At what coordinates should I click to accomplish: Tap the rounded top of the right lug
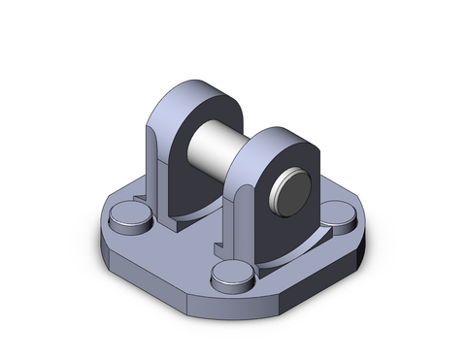[x=282, y=136]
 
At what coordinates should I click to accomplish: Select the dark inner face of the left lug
[x=180, y=175]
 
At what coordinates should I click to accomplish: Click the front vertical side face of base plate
[x=233, y=309]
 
